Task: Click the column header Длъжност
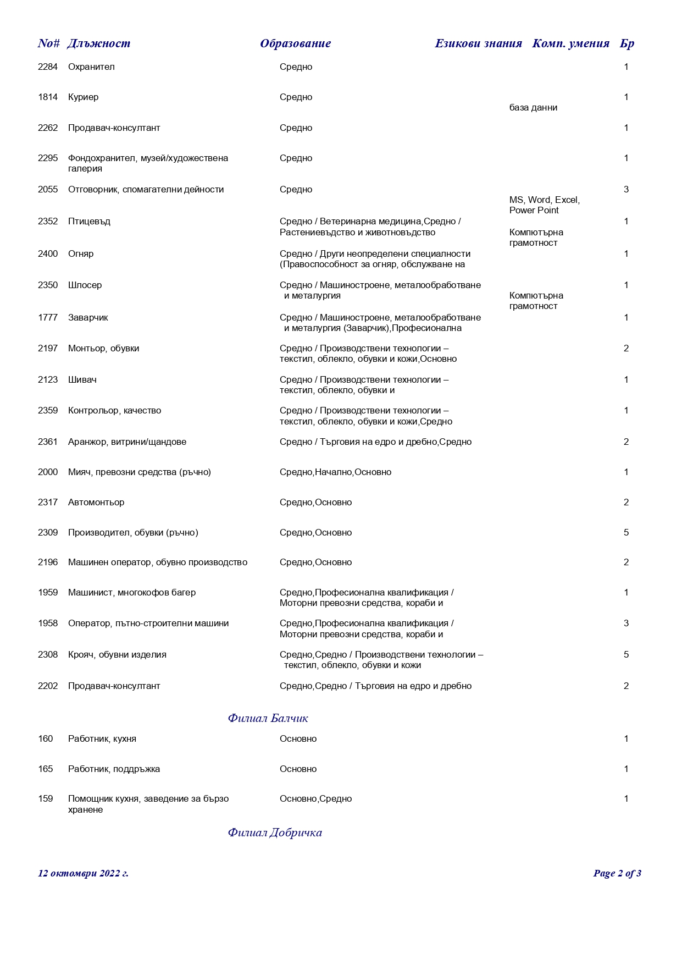(99, 43)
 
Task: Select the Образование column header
(295, 43)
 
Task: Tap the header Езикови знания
(478, 43)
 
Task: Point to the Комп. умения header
(570, 43)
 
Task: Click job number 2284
(48, 67)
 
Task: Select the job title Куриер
(84, 97)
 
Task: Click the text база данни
(533, 108)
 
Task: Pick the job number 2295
(48, 158)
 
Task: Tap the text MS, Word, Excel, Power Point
(544, 205)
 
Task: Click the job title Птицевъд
(89, 222)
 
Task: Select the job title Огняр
(81, 254)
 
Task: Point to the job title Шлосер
(85, 285)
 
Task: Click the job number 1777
(48, 318)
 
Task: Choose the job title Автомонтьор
(96, 503)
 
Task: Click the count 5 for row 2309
(626, 533)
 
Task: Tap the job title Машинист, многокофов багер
(132, 593)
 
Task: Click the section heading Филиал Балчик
(268, 718)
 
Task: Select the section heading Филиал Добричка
(275, 832)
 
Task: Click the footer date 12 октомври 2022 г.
(83, 874)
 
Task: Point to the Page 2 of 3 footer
(617, 874)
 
